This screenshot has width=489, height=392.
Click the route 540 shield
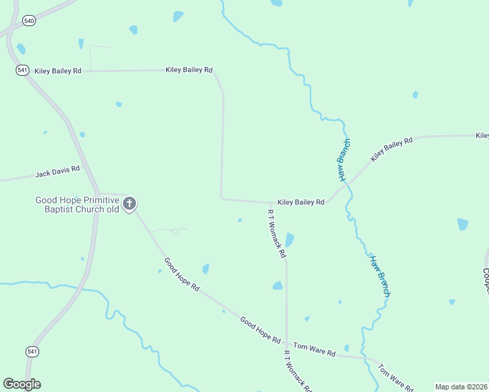coord(29,21)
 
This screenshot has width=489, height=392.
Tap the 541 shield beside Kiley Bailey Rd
coord(23,70)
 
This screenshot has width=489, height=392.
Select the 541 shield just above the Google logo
coord(33,351)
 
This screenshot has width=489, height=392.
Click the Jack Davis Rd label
coord(58,172)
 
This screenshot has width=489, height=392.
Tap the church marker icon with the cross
coord(129,204)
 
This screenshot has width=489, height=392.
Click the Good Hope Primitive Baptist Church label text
coord(77,204)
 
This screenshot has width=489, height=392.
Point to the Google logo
coord(22,384)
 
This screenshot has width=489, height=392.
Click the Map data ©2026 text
coord(462,387)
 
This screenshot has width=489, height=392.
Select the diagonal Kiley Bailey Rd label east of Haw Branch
coord(392,150)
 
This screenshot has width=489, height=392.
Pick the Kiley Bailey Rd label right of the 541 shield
coord(58,70)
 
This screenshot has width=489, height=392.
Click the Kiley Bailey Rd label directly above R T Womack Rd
coord(301,203)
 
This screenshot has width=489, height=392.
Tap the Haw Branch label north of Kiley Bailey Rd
coord(344,159)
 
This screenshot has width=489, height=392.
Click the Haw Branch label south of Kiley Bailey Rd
coord(380,275)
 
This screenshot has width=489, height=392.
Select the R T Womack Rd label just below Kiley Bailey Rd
coord(277,232)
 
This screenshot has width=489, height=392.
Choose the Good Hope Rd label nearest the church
coord(182,274)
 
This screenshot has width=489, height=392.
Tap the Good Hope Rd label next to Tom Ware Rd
coord(260,331)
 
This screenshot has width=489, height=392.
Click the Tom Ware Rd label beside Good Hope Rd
coord(314,350)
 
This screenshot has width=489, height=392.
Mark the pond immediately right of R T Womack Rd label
coord(290,240)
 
